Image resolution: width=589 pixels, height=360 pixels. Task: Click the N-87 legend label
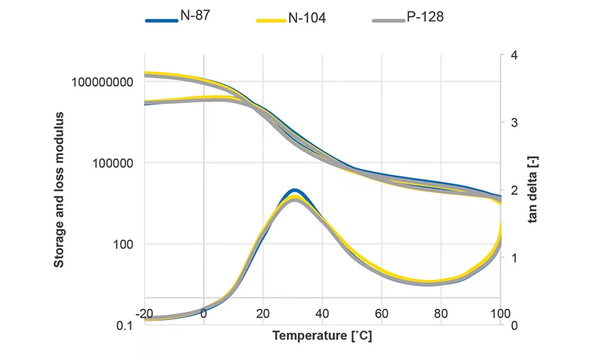coord(196,16)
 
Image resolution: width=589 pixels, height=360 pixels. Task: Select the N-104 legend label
coord(307,18)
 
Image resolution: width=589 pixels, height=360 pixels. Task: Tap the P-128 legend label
coord(425,16)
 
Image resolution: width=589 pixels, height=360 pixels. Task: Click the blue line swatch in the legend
coord(161,20)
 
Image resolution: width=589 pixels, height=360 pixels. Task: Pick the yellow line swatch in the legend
coord(270,20)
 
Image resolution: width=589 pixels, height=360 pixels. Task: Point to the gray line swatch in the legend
coord(388,20)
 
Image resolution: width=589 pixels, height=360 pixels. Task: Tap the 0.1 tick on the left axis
coord(126,326)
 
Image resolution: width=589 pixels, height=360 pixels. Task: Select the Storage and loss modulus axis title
coord(59,190)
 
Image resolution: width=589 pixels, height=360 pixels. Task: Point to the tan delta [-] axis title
coord(533,190)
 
